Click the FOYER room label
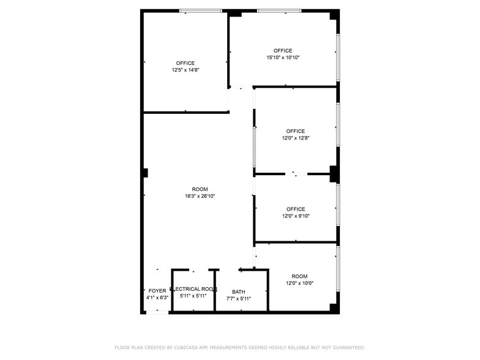click(x=157, y=291)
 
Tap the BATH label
click(x=239, y=292)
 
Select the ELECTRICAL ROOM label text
click(x=193, y=289)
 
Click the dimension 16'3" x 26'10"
click(x=200, y=196)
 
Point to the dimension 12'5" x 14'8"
click(x=186, y=70)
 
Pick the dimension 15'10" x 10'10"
click(x=283, y=58)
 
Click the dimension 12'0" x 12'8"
click(x=296, y=138)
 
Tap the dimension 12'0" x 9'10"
click(x=296, y=216)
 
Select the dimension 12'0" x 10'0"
click(x=300, y=283)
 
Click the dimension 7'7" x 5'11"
click(x=239, y=299)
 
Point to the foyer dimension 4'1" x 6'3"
click(x=157, y=298)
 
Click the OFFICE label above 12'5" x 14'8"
click(x=186, y=64)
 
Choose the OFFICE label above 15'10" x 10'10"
click(x=283, y=51)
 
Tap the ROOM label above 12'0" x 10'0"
click(x=300, y=277)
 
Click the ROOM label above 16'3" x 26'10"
click(x=200, y=190)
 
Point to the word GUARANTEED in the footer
click(x=349, y=348)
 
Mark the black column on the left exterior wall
click(x=146, y=173)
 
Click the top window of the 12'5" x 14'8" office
click(x=201, y=11)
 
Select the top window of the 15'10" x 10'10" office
click(x=279, y=11)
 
